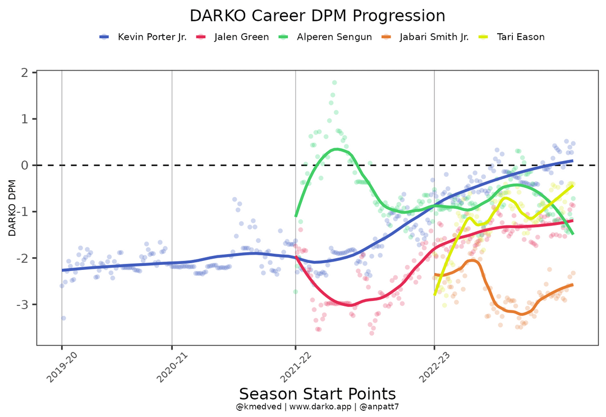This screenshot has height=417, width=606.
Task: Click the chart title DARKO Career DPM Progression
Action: (x=317, y=15)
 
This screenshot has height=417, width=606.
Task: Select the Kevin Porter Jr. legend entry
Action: (x=152, y=37)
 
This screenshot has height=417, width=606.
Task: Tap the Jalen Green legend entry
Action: (x=241, y=37)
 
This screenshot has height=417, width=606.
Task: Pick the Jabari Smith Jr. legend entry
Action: (x=434, y=37)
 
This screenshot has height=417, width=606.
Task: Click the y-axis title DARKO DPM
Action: (x=12, y=208)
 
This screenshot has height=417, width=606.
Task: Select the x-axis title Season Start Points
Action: (x=317, y=393)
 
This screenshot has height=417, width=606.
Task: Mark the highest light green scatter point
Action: (x=334, y=83)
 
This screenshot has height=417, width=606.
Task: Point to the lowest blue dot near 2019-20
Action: (x=63, y=318)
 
